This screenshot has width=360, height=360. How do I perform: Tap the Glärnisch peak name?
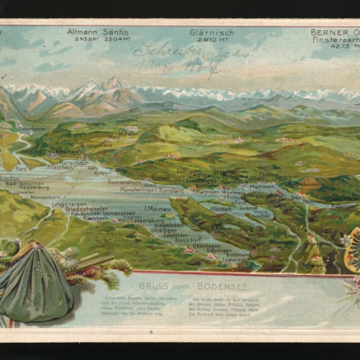211,32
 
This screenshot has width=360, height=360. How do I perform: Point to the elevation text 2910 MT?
211,39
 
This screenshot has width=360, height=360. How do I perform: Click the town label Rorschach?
73,163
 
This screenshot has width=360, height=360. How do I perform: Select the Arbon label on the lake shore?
102,173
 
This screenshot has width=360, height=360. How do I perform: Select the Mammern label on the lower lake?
261,186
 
